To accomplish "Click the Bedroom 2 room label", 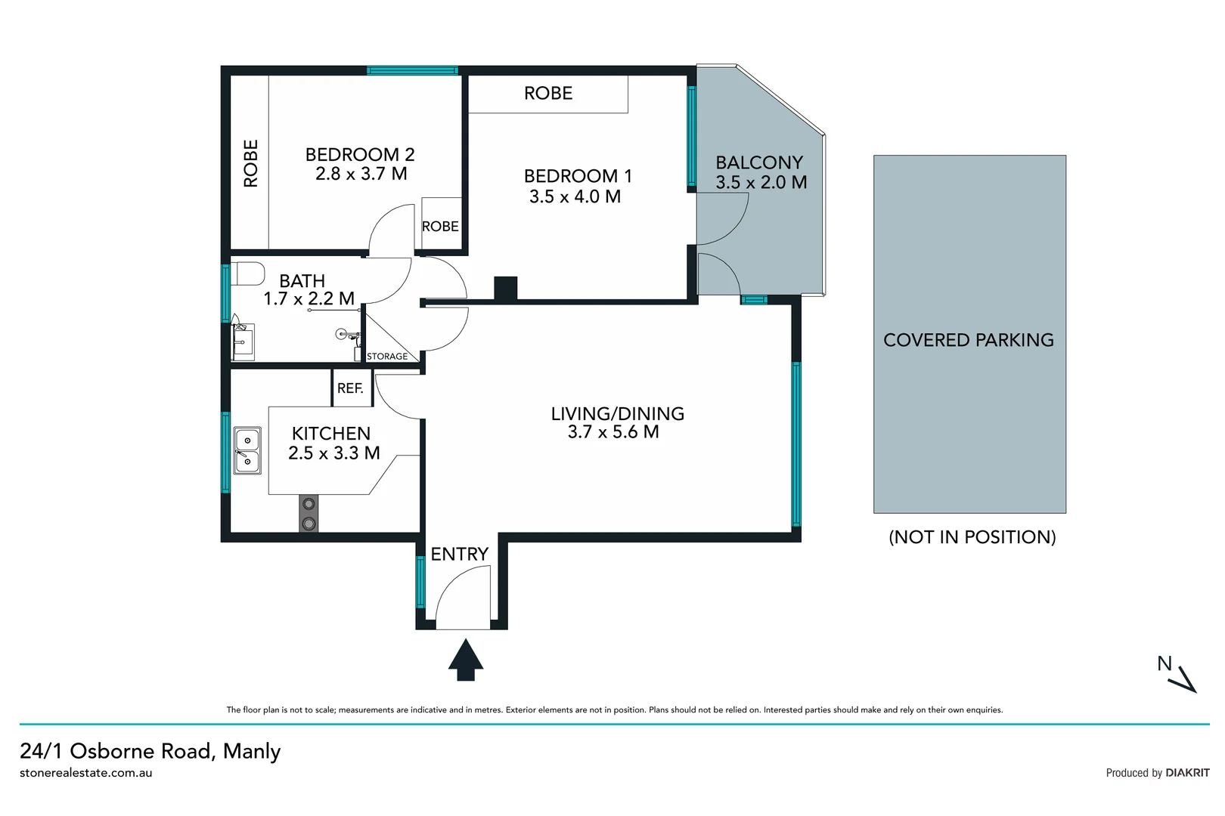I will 360,154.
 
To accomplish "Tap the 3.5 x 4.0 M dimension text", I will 575,196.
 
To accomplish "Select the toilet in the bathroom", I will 248,274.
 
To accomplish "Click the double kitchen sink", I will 247,451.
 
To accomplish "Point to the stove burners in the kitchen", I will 309,514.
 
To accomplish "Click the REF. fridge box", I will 351,388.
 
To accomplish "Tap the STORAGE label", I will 387,357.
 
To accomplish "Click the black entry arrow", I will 466,660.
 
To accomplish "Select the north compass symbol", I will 1177,675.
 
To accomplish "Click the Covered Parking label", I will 968,340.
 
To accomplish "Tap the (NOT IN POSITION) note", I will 972,537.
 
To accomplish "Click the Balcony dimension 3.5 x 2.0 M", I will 761,183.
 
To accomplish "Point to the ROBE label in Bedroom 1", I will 548,94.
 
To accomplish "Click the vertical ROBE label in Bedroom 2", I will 251,163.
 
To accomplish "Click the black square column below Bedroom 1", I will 505,288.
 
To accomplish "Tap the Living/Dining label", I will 617,413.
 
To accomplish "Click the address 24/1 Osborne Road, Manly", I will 150,751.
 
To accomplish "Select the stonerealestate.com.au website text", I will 86,773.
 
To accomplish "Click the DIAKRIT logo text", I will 1187,773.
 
